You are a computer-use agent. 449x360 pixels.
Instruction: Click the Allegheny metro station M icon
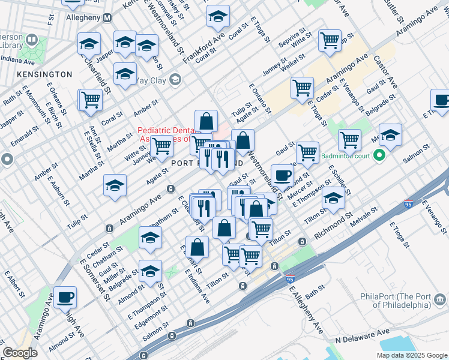coord(107,18)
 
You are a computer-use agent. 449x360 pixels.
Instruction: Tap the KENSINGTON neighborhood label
coord(44,74)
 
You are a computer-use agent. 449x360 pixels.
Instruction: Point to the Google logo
coord(20,353)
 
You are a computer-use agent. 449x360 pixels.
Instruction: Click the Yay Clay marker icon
coord(175,79)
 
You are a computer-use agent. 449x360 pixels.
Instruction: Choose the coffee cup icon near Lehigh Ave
coord(65,296)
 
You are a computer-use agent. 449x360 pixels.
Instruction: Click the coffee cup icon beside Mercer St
coord(282,175)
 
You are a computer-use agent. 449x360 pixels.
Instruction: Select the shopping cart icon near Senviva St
coord(330,41)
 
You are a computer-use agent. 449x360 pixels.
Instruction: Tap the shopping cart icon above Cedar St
coord(302,87)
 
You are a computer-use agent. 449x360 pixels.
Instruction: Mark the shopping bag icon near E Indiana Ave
coord(197,246)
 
